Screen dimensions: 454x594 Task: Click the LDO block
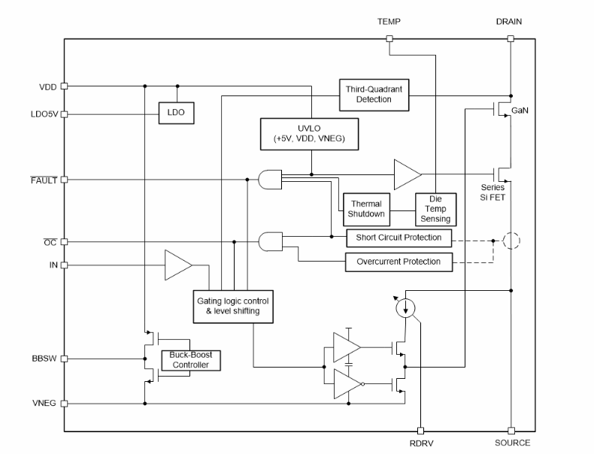click(x=176, y=113)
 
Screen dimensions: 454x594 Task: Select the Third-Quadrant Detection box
click(x=374, y=94)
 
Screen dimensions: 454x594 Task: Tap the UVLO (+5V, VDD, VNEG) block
click(x=308, y=133)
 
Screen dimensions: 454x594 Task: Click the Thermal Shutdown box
click(x=365, y=209)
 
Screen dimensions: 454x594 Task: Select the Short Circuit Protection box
click(x=399, y=238)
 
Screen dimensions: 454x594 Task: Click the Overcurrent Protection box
click(x=399, y=262)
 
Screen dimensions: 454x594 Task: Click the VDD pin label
click(x=47, y=86)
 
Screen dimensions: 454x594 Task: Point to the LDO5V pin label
click(x=43, y=114)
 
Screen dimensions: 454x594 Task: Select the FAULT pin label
click(x=43, y=180)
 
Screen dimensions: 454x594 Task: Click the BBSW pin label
click(x=44, y=359)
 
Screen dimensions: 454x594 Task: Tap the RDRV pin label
click(x=421, y=443)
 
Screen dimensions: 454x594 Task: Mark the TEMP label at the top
click(x=389, y=22)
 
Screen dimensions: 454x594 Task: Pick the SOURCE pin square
click(x=511, y=431)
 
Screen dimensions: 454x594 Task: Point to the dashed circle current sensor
click(x=511, y=241)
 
